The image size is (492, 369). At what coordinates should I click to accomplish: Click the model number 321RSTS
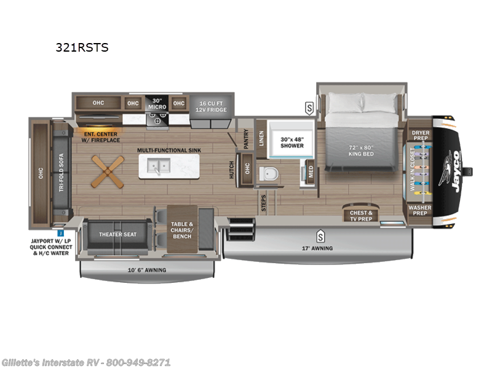82,47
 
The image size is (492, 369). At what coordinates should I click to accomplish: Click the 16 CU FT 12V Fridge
208,106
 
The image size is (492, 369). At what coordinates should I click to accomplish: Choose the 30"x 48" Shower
292,142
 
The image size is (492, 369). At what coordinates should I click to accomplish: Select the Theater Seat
117,234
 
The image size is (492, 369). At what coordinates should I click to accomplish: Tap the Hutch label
232,170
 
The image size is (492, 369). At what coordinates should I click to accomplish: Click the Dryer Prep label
421,135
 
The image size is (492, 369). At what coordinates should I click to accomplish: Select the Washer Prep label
421,210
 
